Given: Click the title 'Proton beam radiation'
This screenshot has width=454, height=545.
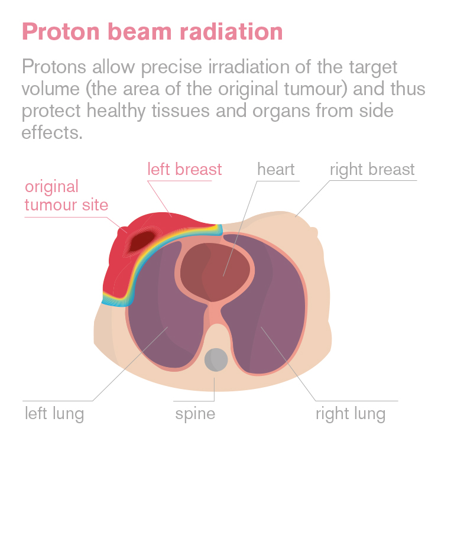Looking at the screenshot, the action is tap(153, 32).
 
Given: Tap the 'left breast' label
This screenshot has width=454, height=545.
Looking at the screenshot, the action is tap(184, 169).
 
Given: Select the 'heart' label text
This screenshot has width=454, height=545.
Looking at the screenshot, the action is tap(276, 169).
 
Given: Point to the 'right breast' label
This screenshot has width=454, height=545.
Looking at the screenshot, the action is tap(372, 170).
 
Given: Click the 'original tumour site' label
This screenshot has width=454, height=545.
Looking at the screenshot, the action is tap(66, 196).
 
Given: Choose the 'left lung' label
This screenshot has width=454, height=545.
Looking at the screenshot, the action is tap(54, 414).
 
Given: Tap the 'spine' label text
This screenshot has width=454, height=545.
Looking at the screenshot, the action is tap(195, 414).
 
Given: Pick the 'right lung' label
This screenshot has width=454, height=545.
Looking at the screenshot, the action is tap(351, 414).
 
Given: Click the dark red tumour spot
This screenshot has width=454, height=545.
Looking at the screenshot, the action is tap(142, 240).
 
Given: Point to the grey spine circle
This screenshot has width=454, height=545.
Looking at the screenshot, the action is tap(216, 360).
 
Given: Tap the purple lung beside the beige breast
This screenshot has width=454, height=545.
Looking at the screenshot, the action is tap(264, 306).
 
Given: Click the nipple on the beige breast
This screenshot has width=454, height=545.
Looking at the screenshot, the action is tap(314, 232).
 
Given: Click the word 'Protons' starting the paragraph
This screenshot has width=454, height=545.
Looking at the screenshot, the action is tap(54, 67).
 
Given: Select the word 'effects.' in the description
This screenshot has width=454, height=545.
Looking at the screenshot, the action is tap(52, 132).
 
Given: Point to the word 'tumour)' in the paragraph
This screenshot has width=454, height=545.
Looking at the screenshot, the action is tap(316, 89).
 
